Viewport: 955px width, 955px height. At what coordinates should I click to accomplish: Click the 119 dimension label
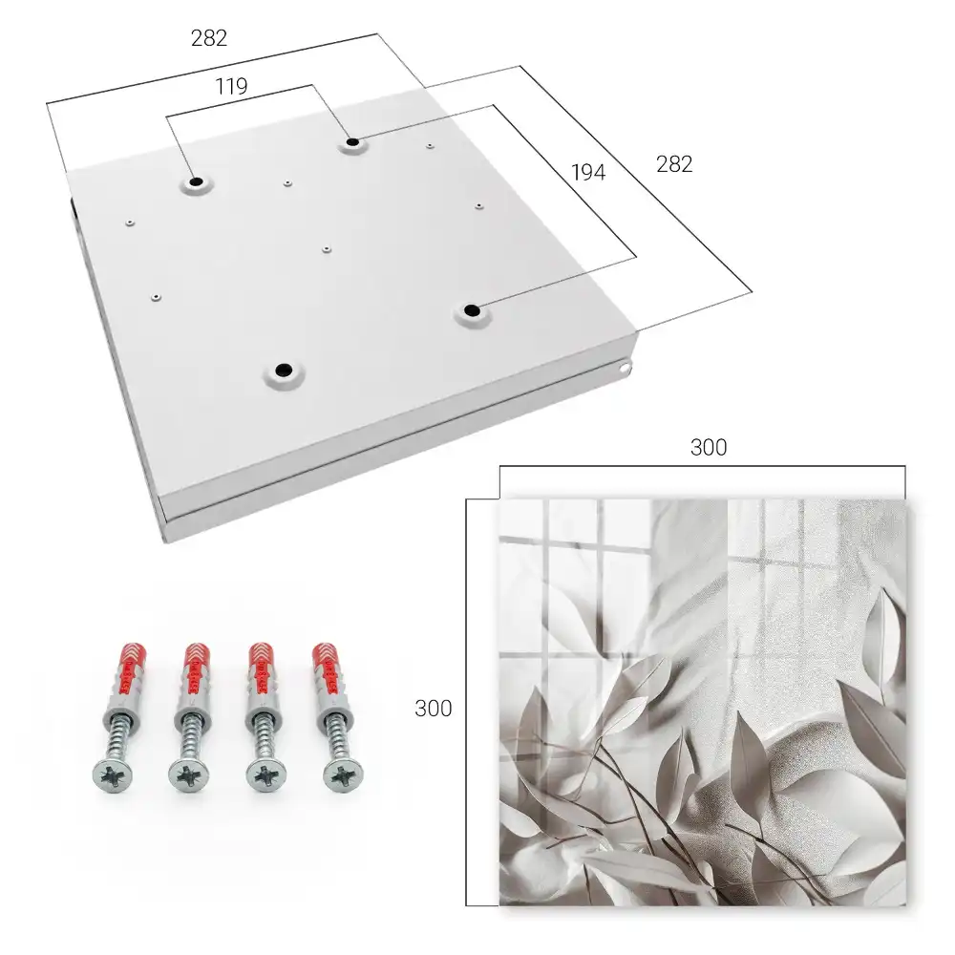(231, 87)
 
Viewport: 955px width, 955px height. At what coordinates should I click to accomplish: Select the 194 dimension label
(588, 173)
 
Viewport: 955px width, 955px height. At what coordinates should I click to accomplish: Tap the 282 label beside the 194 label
(674, 164)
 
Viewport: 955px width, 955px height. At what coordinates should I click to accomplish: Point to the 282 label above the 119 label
(209, 38)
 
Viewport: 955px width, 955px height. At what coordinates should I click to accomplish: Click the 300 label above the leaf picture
(709, 448)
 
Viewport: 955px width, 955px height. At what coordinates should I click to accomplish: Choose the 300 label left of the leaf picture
(433, 709)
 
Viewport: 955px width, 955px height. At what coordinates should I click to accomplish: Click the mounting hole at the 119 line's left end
(196, 182)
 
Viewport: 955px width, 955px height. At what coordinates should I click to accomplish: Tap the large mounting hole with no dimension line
(284, 370)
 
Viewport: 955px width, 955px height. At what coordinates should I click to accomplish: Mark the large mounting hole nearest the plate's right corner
(471, 310)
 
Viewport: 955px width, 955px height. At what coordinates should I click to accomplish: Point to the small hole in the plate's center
(327, 249)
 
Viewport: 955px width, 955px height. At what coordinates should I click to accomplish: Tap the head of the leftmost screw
(114, 775)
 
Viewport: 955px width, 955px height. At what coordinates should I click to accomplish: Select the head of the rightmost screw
(342, 774)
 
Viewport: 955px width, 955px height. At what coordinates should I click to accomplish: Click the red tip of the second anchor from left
(196, 655)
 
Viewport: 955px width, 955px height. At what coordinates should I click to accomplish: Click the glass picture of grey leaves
(703, 702)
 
